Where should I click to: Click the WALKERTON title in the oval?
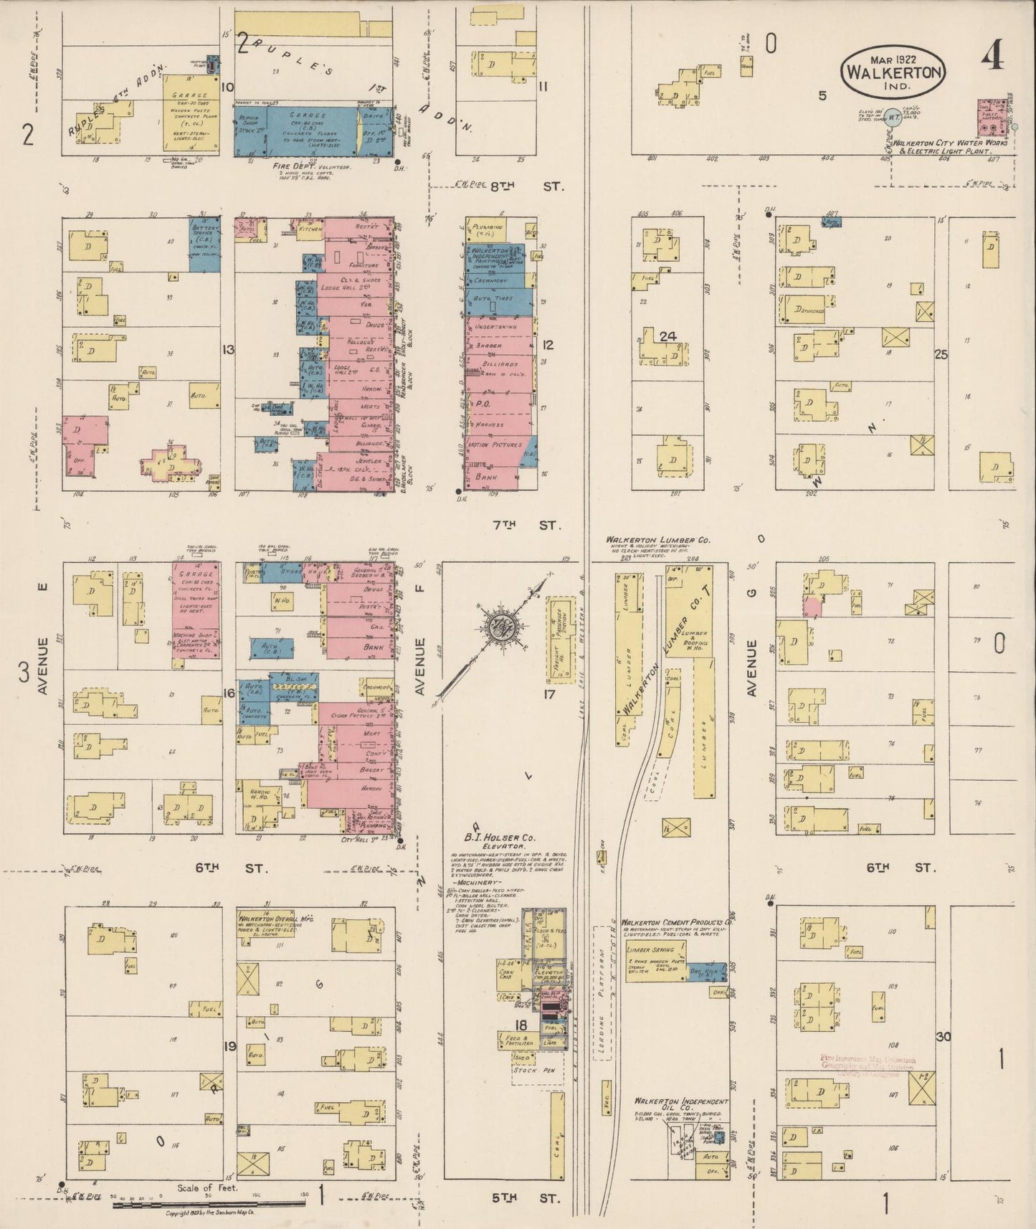pyautogui.click(x=893, y=72)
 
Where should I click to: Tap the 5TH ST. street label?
pyautogui.click(x=527, y=1197)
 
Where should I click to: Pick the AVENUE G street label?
pyautogui.click(x=751, y=668)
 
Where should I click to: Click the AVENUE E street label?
pyautogui.click(x=42, y=637)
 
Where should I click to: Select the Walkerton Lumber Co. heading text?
pyautogui.click(x=658, y=540)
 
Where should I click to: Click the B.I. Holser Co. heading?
pyautogui.click(x=499, y=837)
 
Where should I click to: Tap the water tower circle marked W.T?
pyautogui.click(x=893, y=116)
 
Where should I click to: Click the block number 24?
pyautogui.click(x=667, y=336)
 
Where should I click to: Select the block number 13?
pyautogui.click(x=228, y=350)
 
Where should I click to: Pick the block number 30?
pyautogui.click(x=943, y=1037)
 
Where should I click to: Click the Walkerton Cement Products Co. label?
pyautogui.click(x=676, y=922)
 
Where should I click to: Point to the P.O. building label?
pyautogui.click(x=482, y=404)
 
